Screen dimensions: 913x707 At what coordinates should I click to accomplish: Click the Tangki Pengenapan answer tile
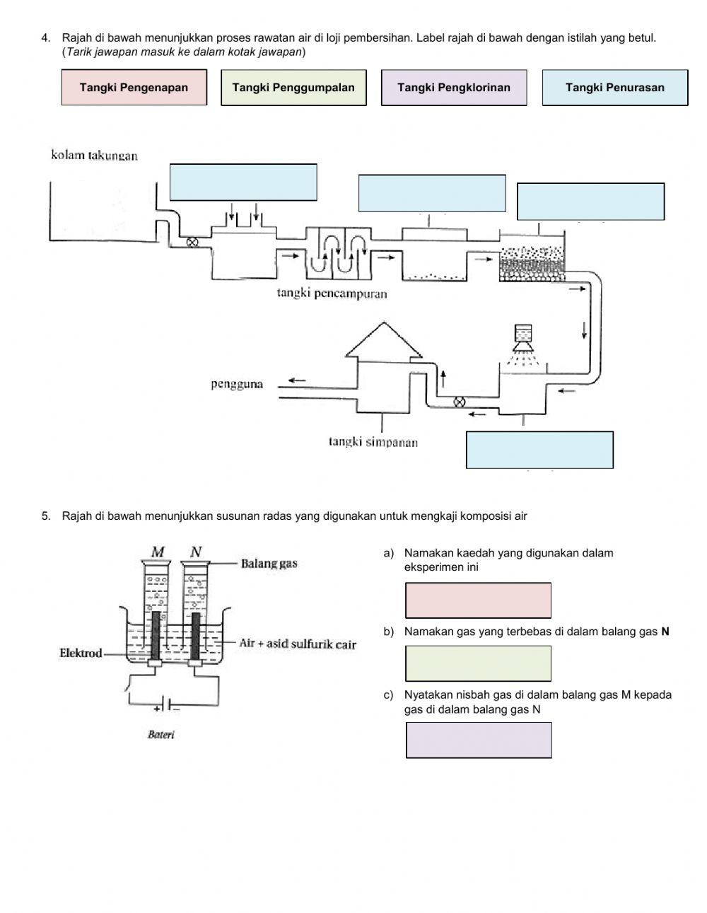point(134,88)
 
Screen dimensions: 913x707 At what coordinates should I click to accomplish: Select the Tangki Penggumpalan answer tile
point(293,88)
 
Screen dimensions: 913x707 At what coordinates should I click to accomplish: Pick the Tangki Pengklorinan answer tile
point(454,88)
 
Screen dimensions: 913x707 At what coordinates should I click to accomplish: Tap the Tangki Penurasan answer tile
point(615,88)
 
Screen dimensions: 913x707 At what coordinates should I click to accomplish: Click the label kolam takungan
point(94,156)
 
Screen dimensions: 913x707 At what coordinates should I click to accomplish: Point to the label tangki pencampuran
point(332,293)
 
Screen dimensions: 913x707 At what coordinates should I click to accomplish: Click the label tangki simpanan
point(373,443)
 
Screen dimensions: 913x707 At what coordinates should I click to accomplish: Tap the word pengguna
point(237,384)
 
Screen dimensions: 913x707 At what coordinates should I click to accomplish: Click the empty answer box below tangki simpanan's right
point(539,450)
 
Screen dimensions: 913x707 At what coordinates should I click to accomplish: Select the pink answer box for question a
point(478,600)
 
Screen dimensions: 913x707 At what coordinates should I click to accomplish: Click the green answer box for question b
point(478,663)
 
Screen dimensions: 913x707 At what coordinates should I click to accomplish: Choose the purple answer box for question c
point(479,740)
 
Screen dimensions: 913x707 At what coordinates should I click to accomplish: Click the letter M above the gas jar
point(158,552)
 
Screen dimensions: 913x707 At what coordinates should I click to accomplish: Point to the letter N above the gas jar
point(196,552)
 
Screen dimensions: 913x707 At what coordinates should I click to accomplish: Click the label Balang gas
point(269,564)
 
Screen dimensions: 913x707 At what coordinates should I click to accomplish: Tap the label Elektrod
point(81,653)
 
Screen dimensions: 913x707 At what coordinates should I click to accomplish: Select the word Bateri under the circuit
point(161,735)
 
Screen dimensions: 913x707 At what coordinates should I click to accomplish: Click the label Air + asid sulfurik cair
point(298,644)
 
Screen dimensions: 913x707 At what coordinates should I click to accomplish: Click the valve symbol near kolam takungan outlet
point(191,242)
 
